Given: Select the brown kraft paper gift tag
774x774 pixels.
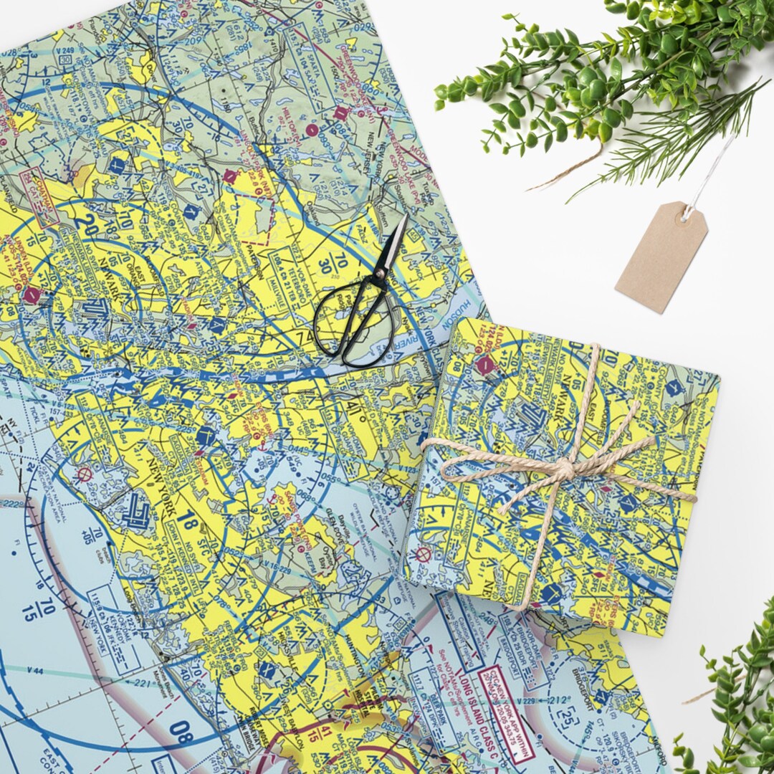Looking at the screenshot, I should click(x=660, y=257).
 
